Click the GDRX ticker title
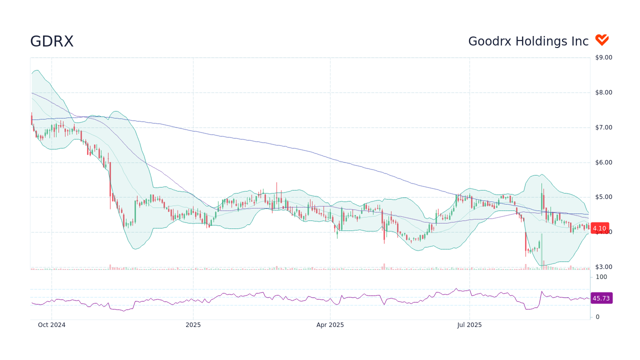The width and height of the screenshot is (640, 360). tap(51, 41)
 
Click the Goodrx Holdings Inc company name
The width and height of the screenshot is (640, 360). tap(528, 41)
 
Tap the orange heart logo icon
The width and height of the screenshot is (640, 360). tap(602, 40)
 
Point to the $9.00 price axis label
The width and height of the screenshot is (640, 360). tap(603, 57)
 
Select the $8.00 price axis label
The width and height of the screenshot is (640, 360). tap(603, 92)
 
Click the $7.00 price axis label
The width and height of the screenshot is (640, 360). tap(603, 127)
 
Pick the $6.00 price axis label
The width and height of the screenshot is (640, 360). tap(603, 162)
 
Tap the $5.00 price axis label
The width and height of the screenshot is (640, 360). tap(603, 197)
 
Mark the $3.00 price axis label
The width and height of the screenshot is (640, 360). tap(603, 267)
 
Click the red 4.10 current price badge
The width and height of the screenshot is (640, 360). tap(599, 228)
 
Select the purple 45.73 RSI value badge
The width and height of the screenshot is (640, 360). tap(601, 298)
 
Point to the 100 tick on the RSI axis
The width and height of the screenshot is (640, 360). tap(601, 277)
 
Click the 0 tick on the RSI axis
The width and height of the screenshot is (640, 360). tap(597, 317)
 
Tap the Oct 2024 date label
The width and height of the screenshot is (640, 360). tap(51, 325)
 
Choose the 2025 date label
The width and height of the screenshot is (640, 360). tap(193, 325)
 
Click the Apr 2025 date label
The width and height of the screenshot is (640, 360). tap(330, 325)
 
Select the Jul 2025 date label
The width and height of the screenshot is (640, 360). tap(469, 325)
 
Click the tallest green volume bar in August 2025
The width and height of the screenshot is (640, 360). tap(543, 265)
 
